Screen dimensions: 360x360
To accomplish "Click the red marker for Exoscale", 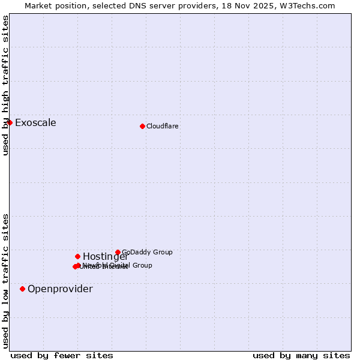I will [x=10, y=122].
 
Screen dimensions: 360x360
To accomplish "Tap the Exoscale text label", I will [x=35, y=123].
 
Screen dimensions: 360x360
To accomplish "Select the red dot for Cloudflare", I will [x=142, y=126].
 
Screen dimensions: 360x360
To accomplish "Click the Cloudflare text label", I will [x=163, y=126].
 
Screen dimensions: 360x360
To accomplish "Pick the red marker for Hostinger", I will [x=77, y=256].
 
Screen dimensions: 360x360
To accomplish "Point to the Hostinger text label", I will [x=105, y=257].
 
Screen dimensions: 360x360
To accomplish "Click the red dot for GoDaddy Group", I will [x=118, y=252].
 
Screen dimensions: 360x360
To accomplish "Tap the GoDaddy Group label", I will [x=147, y=252].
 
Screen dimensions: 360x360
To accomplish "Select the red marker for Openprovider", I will [x=22, y=289].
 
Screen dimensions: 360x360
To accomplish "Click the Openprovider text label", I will [x=60, y=289].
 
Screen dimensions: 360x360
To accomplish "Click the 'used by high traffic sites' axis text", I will [x=6, y=85].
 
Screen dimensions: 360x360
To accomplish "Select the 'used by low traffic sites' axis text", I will [x=6, y=281].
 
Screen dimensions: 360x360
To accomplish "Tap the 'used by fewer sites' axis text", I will [x=62, y=355].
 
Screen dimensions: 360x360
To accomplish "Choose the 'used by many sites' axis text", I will [x=301, y=355].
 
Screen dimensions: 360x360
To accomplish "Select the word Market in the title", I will [x=38, y=5].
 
